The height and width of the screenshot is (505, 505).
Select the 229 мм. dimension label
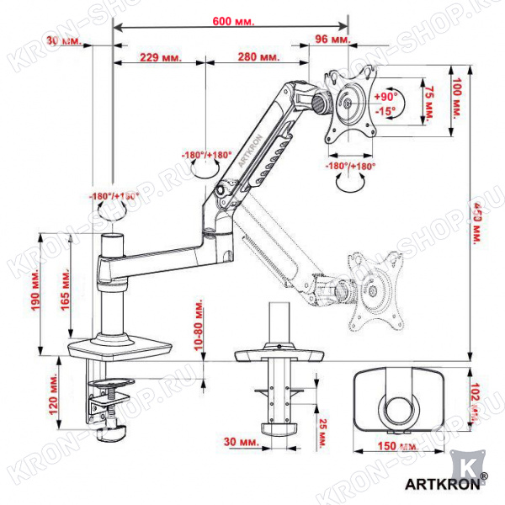tap(160, 58)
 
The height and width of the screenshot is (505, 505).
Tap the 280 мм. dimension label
tap(258, 58)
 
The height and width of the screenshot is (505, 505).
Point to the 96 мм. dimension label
tap(332, 40)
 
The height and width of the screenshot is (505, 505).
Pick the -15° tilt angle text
tap(386, 111)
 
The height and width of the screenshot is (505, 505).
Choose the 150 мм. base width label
tap(393, 446)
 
